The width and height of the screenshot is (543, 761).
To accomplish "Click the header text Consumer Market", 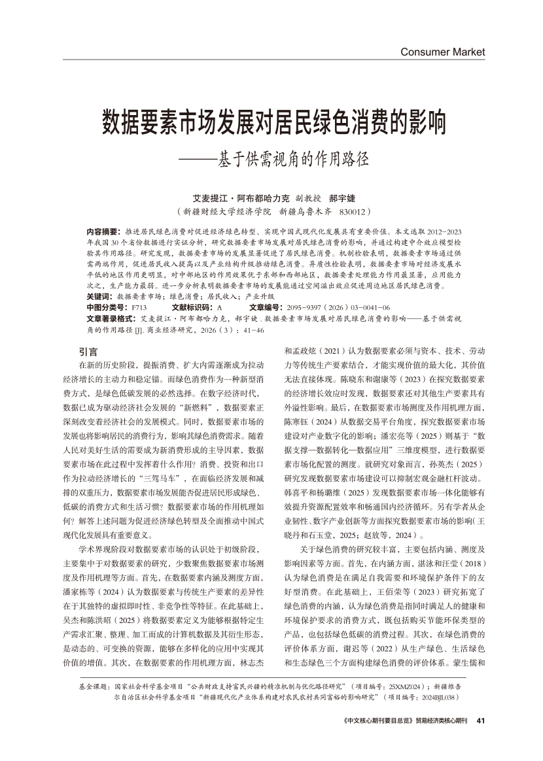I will (x=442, y=52).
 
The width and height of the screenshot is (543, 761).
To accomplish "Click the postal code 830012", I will (x=353, y=212).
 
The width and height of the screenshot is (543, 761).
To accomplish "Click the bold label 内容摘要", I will (x=103, y=232).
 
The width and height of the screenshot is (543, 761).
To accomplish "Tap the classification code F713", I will (x=139, y=307).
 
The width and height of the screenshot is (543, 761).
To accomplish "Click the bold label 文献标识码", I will (x=191, y=307).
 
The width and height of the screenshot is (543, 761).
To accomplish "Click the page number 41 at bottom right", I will (x=481, y=721).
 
